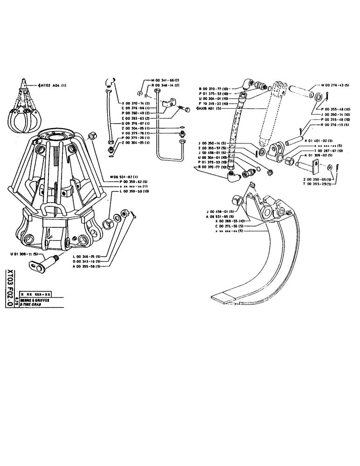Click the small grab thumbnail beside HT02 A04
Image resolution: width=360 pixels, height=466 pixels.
22,110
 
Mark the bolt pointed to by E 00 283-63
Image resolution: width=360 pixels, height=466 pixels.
185,110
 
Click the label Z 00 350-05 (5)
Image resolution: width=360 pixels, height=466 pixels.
317,179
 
